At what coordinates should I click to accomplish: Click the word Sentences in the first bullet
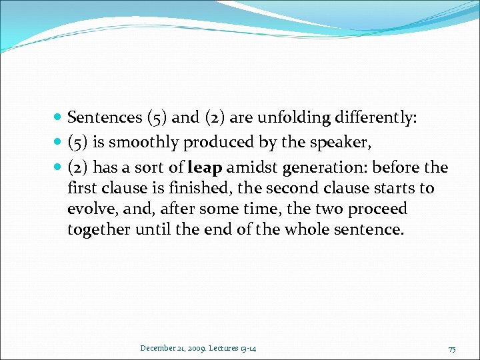(103, 118)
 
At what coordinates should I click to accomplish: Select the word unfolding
(300, 119)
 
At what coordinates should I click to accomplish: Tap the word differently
(377, 119)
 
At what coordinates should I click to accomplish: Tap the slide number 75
(451, 349)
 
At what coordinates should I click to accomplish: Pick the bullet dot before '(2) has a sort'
(59, 167)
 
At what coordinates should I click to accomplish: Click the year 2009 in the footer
(195, 348)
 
